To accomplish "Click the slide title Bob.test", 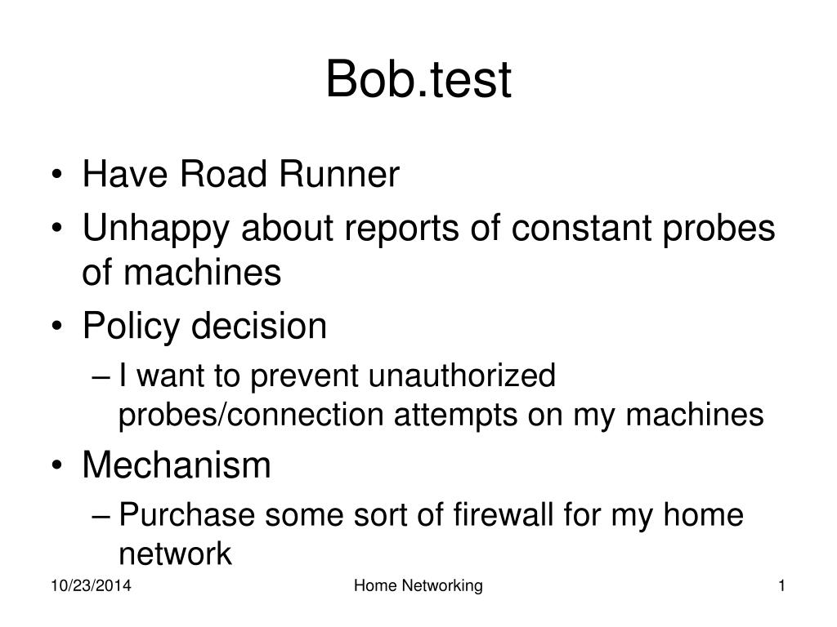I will [418, 80].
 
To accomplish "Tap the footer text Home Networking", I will [418, 586].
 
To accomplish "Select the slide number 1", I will [782, 586].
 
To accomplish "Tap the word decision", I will [259, 327].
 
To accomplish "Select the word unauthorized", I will [462, 376].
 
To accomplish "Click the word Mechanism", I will [176, 465].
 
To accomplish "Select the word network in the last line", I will [175, 554].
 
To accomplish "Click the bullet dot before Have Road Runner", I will [62, 176].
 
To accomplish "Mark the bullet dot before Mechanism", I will [62, 467].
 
